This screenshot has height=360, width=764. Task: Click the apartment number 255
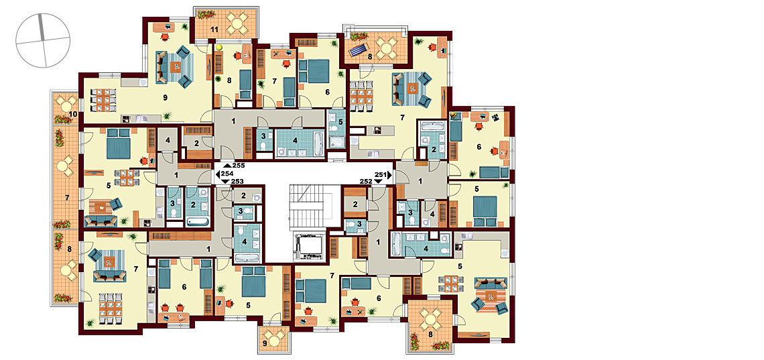coord(238,166)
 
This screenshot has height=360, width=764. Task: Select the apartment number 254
coord(227,174)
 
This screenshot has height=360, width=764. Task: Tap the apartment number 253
coord(237,181)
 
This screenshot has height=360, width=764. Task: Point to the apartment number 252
coord(367,181)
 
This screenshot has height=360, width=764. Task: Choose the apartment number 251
coord(380,174)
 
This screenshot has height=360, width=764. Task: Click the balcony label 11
coord(213,30)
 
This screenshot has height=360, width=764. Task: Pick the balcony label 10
coord(73,115)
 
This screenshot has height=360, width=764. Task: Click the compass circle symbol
coord(43,40)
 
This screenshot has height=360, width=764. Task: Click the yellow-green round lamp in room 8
coord(219,48)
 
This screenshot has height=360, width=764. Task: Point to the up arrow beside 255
coord(227,166)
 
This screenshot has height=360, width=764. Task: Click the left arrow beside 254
coord(217,174)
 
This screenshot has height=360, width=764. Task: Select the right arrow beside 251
coord(390,174)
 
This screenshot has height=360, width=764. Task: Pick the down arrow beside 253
coord(226,181)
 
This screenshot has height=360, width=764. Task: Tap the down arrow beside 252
coord(379,181)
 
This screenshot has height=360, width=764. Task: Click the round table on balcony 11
coord(238,22)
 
